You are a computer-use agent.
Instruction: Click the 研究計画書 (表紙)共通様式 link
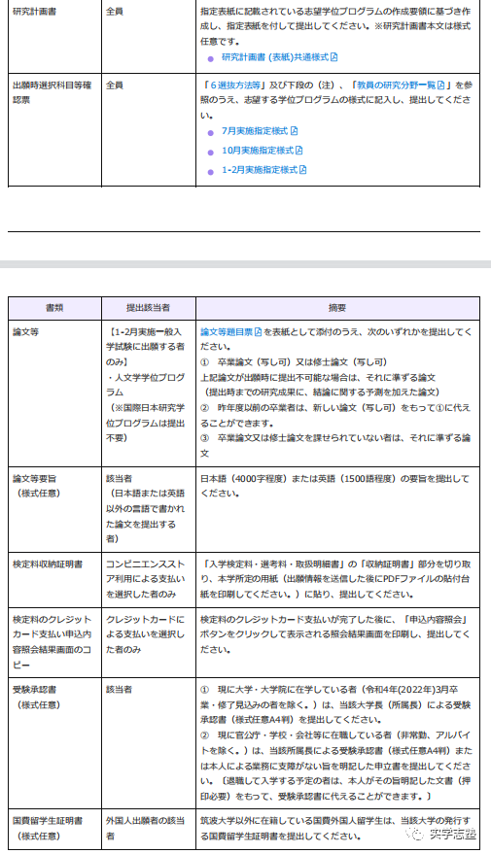click(x=280, y=57)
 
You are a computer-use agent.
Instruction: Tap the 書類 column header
click(x=53, y=307)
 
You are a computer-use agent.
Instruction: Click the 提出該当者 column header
click(x=148, y=307)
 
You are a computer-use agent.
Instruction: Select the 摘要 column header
click(x=337, y=307)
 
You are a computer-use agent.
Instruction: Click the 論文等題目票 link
click(x=230, y=331)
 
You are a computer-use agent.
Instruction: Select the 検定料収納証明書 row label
click(x=47, y=564)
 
